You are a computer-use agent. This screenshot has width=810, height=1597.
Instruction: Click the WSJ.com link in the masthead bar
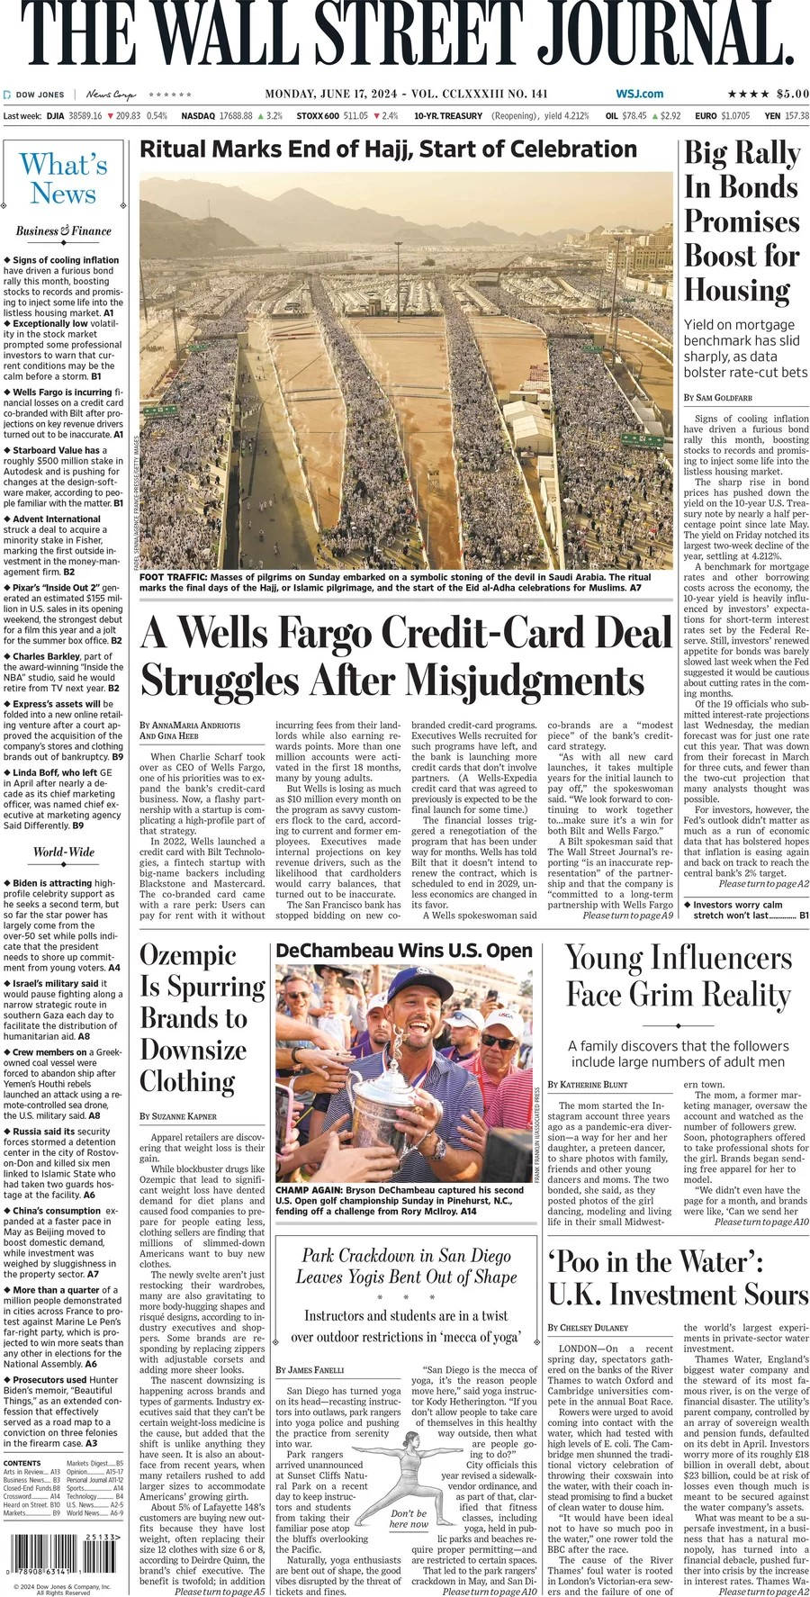639,94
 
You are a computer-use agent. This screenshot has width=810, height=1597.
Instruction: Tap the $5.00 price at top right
792,94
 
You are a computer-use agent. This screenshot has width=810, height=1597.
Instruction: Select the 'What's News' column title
63,178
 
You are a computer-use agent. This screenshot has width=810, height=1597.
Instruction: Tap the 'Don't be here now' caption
409,1519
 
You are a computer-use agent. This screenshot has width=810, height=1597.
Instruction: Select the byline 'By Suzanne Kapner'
178,1115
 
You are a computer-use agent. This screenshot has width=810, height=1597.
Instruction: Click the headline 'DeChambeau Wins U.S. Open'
404,951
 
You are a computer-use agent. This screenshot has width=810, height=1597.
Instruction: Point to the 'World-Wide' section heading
64,852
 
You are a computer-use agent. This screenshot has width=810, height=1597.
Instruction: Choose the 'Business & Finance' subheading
63,231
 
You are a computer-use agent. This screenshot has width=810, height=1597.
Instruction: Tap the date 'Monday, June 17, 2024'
332,94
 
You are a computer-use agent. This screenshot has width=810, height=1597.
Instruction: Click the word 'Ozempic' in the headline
188,955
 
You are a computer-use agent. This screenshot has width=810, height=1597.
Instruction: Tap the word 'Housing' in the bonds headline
736,290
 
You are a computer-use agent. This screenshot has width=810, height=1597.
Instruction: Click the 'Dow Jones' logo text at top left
40,95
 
